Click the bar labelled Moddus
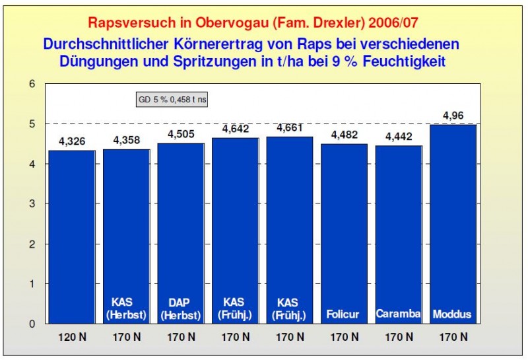tap(453, 225)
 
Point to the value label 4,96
tap(453, 116)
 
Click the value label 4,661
tap(290, 128)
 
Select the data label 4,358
tap(127, 141)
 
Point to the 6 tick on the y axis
tap(31, 84)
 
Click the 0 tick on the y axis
tap(31, 324)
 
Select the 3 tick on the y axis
tap(31, 204)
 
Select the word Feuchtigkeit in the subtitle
tap(408, 62)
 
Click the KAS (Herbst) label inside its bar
tap(127, 308)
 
